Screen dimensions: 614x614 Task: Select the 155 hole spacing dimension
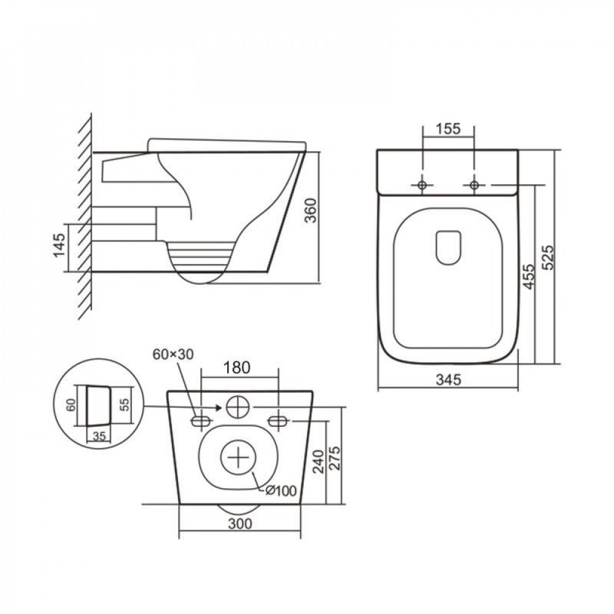point(448,129)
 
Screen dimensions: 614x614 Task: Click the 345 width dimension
point(448,380)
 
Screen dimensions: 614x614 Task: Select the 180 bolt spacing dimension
point(236,368)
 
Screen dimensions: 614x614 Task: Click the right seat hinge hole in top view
point(474,185)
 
